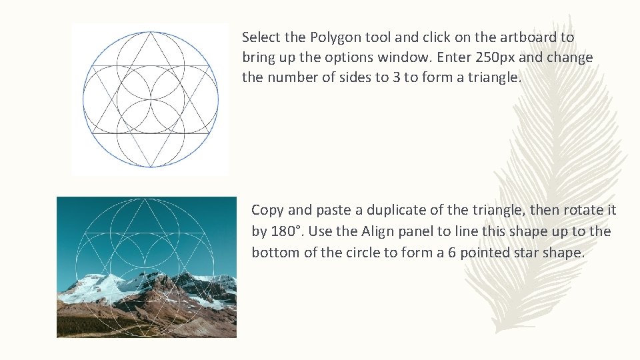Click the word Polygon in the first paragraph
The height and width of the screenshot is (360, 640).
pos(332,38)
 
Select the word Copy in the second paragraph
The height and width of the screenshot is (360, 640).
pos(267,211)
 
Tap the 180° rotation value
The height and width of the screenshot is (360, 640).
pos(287,232)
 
